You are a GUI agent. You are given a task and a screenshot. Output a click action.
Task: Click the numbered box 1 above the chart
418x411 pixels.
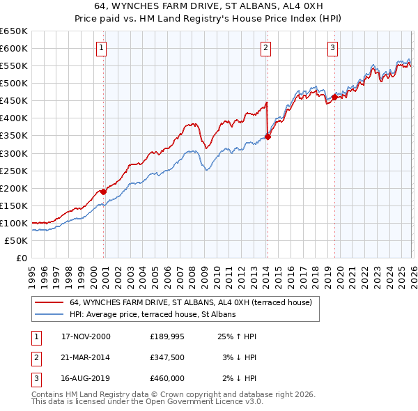pyautogui.click(x=102, y=48)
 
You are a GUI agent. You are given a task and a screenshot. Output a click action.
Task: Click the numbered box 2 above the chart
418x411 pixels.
pyautogui.click(x=266, y=48)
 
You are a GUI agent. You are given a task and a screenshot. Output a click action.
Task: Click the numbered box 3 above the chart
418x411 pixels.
pyautogui.click(x=332, y=48)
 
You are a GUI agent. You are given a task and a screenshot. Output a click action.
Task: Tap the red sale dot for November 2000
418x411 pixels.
pyautogui.click(x=104, y=191)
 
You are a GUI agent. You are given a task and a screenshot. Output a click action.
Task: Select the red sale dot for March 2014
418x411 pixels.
pyautogui.click(x=268, y=137)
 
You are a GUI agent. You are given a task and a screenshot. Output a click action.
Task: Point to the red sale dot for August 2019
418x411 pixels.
pyautogui.click(x=334, y=97)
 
